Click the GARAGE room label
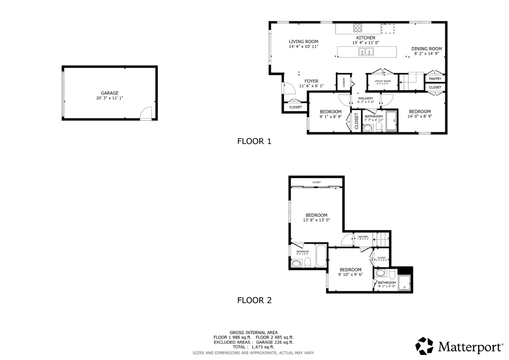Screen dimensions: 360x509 [109, 93]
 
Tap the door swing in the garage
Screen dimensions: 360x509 [146, 113]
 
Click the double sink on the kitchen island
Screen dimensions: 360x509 [366, 52]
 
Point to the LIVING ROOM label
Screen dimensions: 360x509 [303, 41]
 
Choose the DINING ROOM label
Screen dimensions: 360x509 [426, 49]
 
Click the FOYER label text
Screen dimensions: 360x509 [311, 81]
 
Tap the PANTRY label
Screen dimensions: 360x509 [435, 79]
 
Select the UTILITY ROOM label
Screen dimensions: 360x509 [382, 81]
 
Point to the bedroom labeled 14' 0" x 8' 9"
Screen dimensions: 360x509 [420, 112]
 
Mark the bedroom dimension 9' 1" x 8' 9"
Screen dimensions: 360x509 [330, 117]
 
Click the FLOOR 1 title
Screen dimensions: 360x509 [254, 142]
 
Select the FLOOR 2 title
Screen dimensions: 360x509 [254, 301]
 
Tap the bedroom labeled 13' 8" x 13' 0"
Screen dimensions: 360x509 [316, 215]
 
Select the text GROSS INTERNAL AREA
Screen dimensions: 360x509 [253, 332]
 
